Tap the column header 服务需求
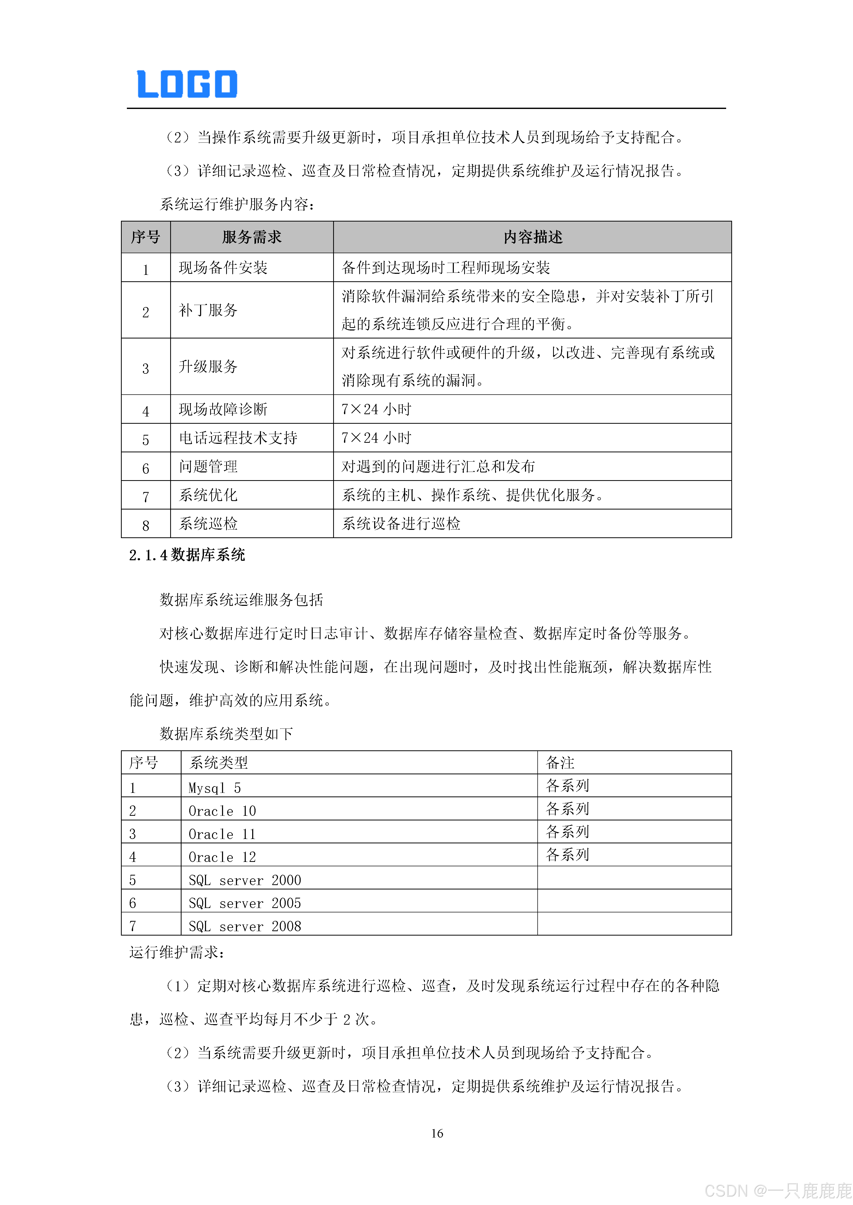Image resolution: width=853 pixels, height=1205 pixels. click(252, 237)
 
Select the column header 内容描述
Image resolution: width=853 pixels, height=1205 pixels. click(532, 237)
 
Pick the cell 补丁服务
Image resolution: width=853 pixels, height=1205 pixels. click(209, 310)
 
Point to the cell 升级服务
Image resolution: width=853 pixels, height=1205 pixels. click(209, 366)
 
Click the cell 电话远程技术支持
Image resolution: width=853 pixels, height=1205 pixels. click(238, 438)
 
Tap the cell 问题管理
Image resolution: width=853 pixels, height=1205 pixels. click(209, 466)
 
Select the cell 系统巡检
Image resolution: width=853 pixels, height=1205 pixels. click(209, 523)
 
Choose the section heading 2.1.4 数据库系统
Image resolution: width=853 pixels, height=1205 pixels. click(187, 555)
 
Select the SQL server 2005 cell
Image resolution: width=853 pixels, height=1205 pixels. click(245, 903)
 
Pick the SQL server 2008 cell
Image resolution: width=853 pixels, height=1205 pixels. click(245, 926)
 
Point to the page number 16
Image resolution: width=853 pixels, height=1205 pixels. click(437, 1133)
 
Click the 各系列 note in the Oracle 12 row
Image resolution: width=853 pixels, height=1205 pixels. click(567, 854)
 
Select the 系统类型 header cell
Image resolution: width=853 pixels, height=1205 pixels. click(218, 762)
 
